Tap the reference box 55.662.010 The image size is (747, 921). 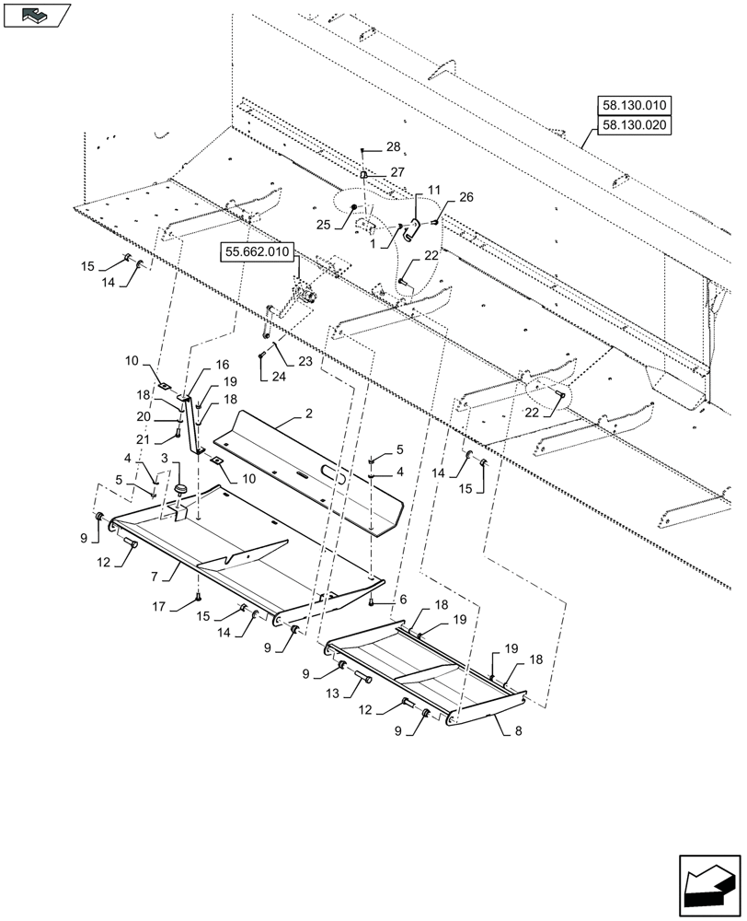[255, 251]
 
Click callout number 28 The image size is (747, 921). [393, 147]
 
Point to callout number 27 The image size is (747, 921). [396, 172]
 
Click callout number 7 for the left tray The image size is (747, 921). [157, 576]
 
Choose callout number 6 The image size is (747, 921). [401, 599]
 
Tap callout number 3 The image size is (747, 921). [165, 458]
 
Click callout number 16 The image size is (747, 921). [222, 366]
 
